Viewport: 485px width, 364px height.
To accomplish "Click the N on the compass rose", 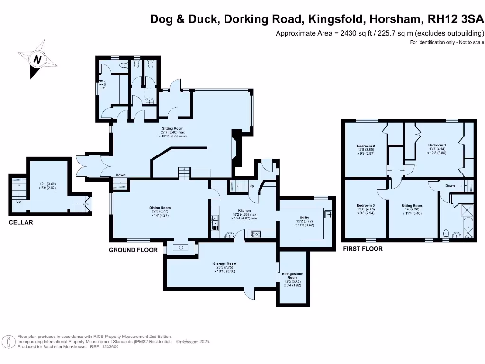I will [36, 60].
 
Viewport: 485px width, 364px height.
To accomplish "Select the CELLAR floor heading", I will [21, 222].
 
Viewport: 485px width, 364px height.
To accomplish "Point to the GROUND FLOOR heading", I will [133, 250].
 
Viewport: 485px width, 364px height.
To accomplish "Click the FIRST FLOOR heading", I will [362, 248].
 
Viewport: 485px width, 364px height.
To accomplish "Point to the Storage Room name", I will [225, 264].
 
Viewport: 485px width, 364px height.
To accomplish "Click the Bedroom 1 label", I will [437, 145].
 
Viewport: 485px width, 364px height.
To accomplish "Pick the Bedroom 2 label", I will [366, 146].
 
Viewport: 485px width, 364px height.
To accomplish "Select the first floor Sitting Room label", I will [412, 205].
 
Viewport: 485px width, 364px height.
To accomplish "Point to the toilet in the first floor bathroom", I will [446, 233].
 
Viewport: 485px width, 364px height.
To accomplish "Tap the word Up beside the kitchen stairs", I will [251, 187].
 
